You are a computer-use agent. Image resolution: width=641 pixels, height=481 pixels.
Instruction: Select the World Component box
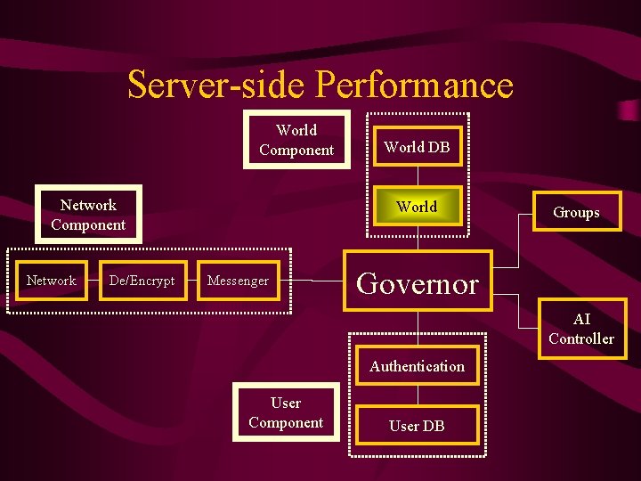(296, 140)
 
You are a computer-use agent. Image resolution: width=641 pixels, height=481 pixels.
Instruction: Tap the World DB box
(417, 147)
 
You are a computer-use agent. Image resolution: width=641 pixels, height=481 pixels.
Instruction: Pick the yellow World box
(417, 207)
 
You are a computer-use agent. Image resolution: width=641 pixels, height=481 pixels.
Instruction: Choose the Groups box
(576, 212)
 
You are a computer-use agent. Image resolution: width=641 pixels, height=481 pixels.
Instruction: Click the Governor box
(418, 284)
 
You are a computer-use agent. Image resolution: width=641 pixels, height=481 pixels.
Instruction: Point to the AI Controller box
(581, 329)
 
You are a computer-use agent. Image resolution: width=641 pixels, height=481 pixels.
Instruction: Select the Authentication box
(417, 366)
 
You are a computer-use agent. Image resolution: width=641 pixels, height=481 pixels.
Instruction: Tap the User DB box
(417, 426)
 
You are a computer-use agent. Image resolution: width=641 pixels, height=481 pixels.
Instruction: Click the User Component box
(286, 412)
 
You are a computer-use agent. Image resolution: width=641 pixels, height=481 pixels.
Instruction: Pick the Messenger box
(238, 281)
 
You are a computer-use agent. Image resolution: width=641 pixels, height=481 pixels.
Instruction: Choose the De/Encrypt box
(142, 281)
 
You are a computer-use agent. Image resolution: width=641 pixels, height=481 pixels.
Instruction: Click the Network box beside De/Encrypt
(52, 281)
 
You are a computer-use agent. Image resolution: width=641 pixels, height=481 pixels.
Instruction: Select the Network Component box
(88, 215)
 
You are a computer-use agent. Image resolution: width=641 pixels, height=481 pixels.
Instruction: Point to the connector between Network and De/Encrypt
(93, 281)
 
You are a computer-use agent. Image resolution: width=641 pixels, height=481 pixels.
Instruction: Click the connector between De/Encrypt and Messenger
(192, 281)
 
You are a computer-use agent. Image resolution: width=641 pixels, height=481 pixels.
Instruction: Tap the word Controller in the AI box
(581, 338)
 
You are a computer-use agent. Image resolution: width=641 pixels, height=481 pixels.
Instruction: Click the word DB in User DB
(434, 426)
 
